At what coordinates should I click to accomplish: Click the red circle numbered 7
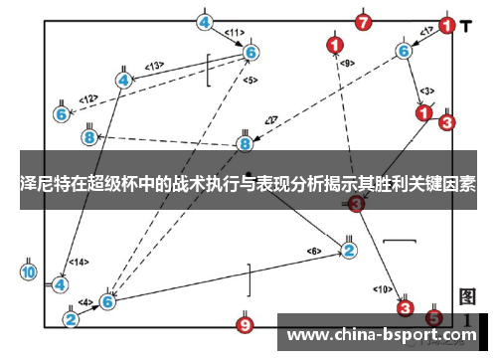point(363,21)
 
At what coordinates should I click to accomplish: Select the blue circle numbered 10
point(29,270)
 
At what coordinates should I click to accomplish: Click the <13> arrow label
point(155,67)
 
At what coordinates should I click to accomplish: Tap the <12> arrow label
point(88,98)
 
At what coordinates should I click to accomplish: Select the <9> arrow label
point(347,64)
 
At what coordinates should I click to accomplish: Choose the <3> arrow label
point(426,90)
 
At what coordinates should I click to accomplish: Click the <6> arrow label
point(314,250)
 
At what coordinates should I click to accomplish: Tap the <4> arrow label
point(85,301)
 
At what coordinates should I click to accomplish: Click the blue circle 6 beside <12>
point(62,114)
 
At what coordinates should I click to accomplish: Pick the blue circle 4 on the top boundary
point(205,22)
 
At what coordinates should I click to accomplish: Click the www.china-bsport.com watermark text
point(382,334)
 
